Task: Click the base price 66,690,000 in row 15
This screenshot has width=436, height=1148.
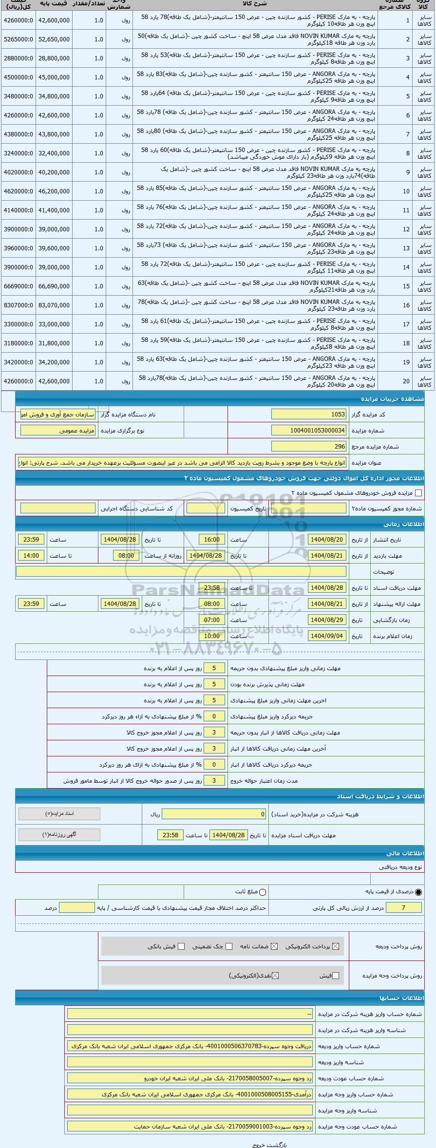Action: pyautogui.click(x=54, y=286)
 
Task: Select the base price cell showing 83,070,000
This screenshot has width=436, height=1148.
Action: pyautogui.click(x=54, y=305)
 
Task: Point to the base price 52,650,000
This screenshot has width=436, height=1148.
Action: pyautogui.click(x=54, y=39)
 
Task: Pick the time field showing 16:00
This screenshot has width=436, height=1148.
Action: pyautogui.click(x=212, y=540)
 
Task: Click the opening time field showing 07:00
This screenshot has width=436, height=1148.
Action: pyautogui.click(x=212, y=620)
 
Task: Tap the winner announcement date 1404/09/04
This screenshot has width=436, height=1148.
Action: pyautogui.click(x=327, y=636)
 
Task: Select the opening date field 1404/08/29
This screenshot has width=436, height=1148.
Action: pyautogui.click(x=327, y=620)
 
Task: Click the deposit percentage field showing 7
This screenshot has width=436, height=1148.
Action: pyautogui.click(x=403, y=907)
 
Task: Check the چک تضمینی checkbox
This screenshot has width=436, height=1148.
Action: pyautogui.click(x=230, y=946)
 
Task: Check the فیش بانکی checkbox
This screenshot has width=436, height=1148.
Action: pyautogui.click(x=181, y=946)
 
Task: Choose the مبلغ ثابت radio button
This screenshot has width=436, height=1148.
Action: pyautogui.click(x=263, y=892)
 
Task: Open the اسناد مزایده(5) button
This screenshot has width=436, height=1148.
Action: pyautogui.click(x=59, y=813)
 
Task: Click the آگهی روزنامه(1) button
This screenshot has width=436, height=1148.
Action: pyautogui.click(x=59, y=834)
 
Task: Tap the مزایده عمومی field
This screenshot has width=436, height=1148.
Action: pyautogui.click(x=59, y=431)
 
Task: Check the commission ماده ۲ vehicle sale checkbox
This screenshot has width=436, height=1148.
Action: pyautogui.click(x=418, y=493)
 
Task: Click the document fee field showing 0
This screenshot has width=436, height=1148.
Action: pyautogui.click(x=214, y=814)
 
